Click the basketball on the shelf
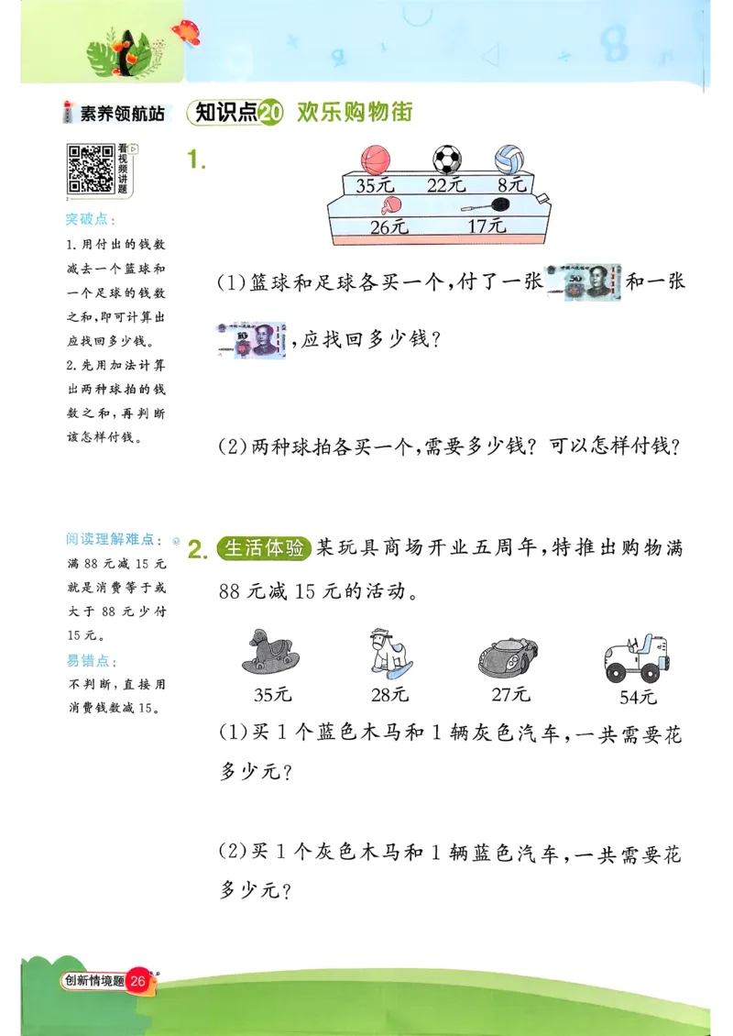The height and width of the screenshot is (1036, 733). (375, 159)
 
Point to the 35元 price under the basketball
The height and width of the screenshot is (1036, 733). (374, 185)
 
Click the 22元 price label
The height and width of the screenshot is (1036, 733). (446, 185)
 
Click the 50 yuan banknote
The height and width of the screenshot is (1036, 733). (583, 282)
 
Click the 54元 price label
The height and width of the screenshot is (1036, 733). (638, 697)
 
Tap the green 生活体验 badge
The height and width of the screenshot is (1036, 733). (264, 548)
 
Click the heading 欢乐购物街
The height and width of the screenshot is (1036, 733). (355, 113)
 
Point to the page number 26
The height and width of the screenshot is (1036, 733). (139, 981)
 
